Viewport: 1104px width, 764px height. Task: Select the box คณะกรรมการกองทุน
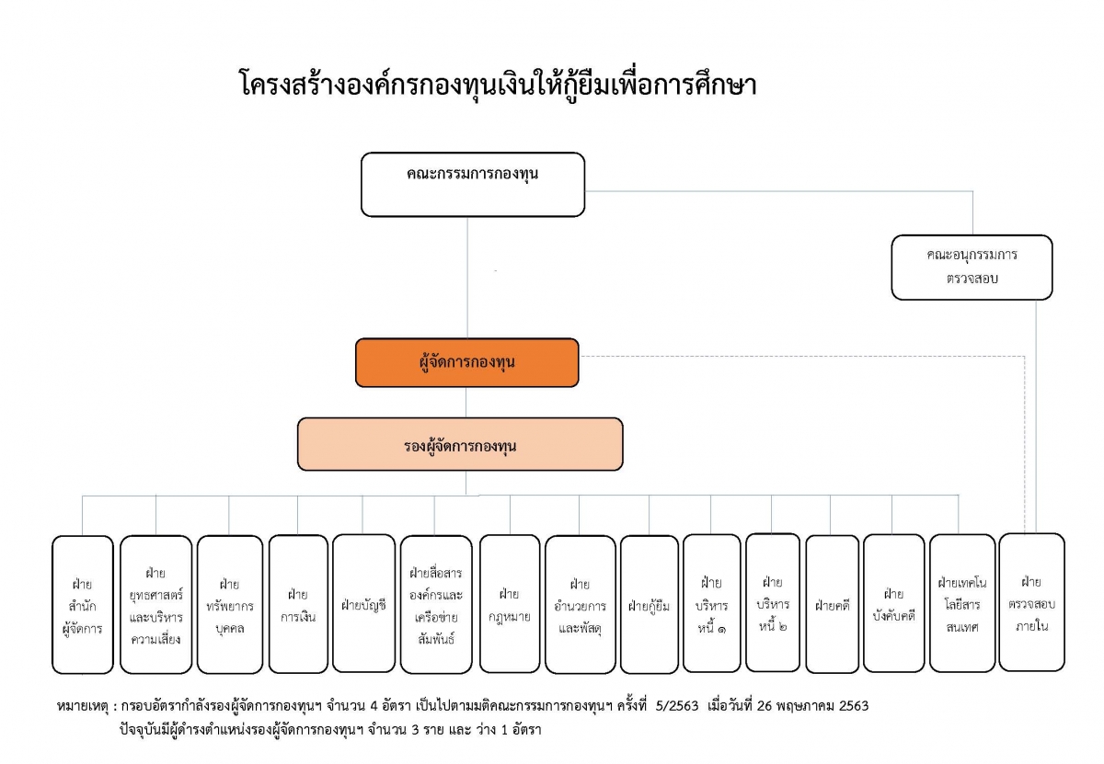[473, 184]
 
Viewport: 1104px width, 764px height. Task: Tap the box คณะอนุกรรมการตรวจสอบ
[972, 267]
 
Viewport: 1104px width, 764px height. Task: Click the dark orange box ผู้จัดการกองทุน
[466, 362]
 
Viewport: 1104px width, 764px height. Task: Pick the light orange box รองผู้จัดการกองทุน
[460, 444]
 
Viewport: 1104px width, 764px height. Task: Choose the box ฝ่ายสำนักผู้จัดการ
[82, 604]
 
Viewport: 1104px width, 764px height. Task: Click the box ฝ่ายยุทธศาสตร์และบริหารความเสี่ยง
[155, 604]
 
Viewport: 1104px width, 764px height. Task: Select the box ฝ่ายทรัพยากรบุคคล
[230, 604]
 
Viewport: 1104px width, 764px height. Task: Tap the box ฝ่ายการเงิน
[298, 604]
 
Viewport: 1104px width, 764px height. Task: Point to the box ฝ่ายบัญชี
[363, 603]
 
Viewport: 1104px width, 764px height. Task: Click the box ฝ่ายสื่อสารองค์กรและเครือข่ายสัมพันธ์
[436, 604]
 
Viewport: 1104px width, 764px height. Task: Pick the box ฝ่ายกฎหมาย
[510, 604]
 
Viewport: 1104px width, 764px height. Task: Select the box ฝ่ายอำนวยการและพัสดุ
[581, 604]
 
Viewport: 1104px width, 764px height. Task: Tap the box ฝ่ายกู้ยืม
[650, 604]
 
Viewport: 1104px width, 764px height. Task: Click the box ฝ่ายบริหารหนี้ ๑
[712, 603]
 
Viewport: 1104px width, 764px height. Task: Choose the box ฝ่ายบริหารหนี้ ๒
[773, 602]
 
